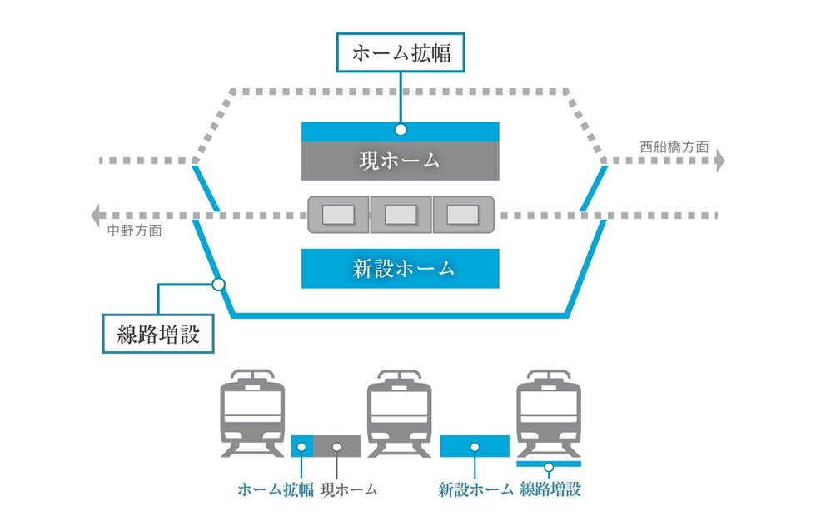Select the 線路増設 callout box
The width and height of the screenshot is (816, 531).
point(158,333)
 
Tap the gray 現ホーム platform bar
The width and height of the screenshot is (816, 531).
point(400,161)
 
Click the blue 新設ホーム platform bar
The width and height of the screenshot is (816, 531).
point(400,268)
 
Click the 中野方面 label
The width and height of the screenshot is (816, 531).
point(135,231)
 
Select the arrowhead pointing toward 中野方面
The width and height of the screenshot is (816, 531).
point(97,215)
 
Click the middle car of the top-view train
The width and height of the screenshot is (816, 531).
point(400,215)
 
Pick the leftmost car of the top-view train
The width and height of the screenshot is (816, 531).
point(338,215)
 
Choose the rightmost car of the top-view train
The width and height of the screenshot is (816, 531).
point(462,215)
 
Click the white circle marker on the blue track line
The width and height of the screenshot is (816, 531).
point(219,284)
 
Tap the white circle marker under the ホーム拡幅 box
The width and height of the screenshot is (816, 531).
point(401,130)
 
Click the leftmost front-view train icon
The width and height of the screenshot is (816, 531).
point(253,414)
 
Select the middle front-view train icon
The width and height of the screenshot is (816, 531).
point(400,414)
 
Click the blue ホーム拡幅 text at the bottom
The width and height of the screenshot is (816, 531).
point(276,489)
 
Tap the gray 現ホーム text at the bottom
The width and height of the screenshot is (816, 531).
point(349,489)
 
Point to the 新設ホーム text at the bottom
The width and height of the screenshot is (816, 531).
point(475,489)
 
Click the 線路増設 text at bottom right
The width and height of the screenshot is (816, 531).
point(550,489)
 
